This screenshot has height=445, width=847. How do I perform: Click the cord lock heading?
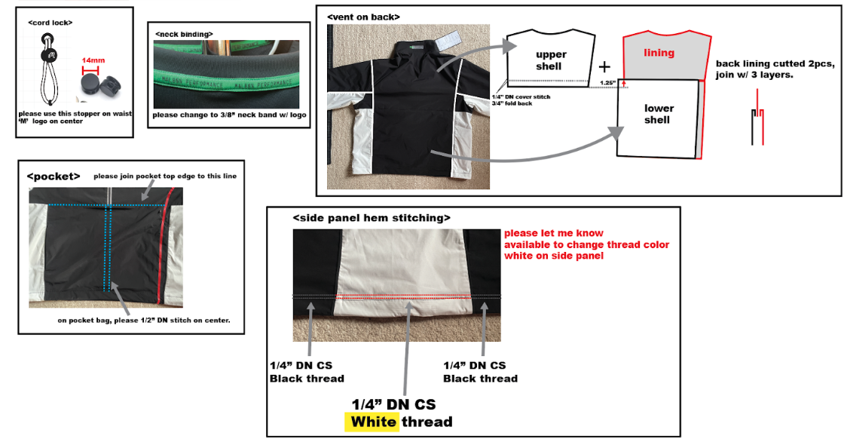pos(50,23)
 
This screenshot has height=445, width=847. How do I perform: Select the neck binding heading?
pos(184,34)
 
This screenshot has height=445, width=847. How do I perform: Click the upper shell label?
pos(551,60)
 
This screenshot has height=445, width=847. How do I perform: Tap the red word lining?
pos(659,53)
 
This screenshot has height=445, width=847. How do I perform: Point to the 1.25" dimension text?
pos(606,82)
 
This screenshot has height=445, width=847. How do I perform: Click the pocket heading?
pos(54,176)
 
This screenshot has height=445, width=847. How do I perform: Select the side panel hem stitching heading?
pos(372,218)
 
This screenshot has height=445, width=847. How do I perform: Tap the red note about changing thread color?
pos(586,244)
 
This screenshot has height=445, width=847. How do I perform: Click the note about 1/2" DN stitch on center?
pos(144,320)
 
